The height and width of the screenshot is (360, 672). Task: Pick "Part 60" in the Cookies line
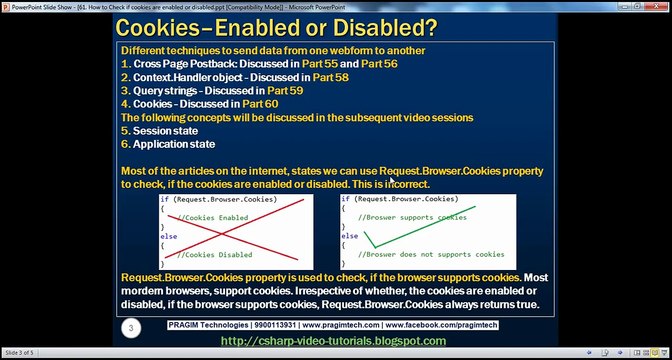[258, 104]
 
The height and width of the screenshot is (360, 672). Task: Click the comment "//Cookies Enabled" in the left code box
[212, 217]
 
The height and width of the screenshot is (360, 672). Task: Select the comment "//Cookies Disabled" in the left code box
[214, 254]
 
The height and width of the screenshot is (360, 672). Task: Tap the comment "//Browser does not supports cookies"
[431, 254]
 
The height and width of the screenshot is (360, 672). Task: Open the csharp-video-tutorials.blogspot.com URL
[333, 341]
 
